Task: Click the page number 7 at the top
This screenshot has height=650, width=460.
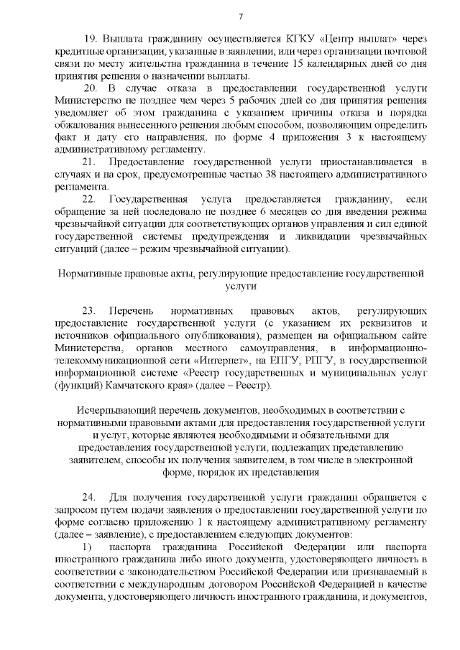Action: (241, 17)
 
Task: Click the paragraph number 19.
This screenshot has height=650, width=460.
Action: (90, 38)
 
